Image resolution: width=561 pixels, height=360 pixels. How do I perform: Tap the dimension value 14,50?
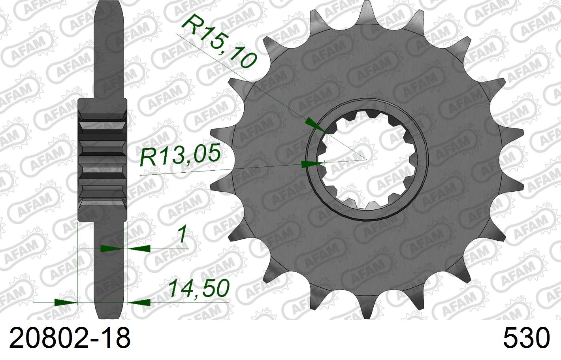pos(199,288)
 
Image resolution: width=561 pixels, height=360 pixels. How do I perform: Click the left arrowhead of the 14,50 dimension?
pos(65,303)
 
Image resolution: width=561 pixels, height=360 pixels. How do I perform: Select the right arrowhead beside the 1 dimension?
pos(139,249)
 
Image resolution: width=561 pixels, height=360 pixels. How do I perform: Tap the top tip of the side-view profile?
pos(109,4)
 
